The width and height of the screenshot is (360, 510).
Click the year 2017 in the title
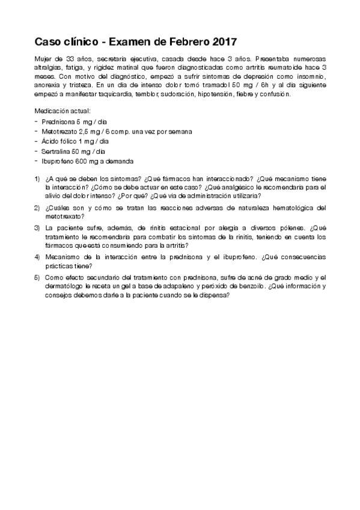224,42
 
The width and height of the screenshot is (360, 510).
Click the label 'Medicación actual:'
63,111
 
